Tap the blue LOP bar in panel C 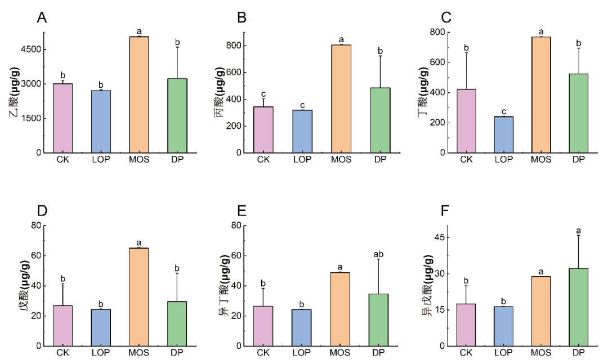pyautogui.click(x=504, y=134)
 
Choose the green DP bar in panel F pyautogui.click(x=578, y=307)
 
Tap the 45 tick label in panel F pyautogui.click(x=440, y=238)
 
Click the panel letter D pyautogui.click(x=42, y=211)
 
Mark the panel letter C pyautogui.click(x=446, y=18)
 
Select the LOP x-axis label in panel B pyautogui.click(x=302, y=159)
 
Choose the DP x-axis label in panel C pyautogui.click(x=578, y=159)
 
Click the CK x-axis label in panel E pyautogui.click(x=263, y=353)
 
